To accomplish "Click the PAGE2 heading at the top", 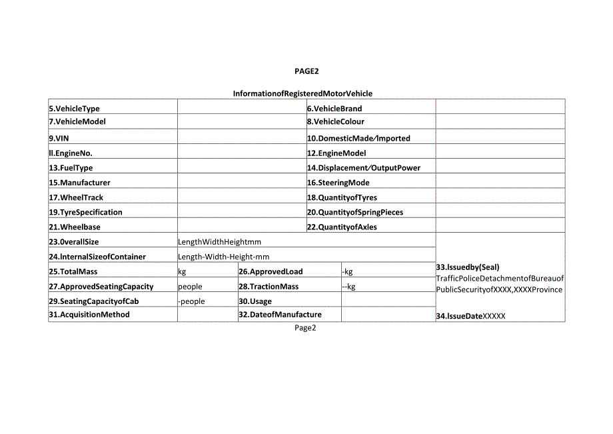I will point(306,71).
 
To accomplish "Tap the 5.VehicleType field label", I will point(74,109).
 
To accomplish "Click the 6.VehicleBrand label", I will point(334,109).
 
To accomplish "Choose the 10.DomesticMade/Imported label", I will point(358,139).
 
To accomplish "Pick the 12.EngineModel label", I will point(336,153).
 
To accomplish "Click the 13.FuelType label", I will point(71,168).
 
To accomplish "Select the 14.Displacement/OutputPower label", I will point(364,168).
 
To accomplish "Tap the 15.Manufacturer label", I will point(79,183).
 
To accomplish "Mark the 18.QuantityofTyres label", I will point(341,197).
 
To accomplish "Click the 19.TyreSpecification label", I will point(85,212).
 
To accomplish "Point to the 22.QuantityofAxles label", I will point(342,227).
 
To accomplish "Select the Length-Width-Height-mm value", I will point(224,257).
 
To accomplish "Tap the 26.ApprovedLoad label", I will point(271,271).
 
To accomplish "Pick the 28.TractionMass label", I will point(269,287).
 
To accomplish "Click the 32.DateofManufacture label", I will point(281,315).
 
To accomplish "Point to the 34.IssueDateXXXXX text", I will point(471,317).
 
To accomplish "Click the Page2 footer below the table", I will point(305,328).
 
